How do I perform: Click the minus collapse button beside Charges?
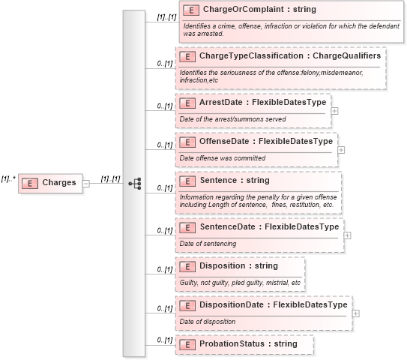click(86, 182)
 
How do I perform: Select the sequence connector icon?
click(135, 182)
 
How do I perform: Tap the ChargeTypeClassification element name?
click(289, 56)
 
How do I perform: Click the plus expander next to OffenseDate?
click(341, 149)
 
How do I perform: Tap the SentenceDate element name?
click(268, 226)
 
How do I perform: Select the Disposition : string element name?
click(238, 265)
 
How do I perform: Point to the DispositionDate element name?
click(273, 304)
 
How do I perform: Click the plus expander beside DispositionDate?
click(355, 313)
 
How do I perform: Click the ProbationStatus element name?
click(248, 343)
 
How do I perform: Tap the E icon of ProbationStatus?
click(190, 343)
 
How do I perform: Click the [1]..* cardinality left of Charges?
click(8, 178)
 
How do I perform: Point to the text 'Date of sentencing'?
click(208, 243)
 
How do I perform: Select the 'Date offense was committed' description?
click(223, 157)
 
